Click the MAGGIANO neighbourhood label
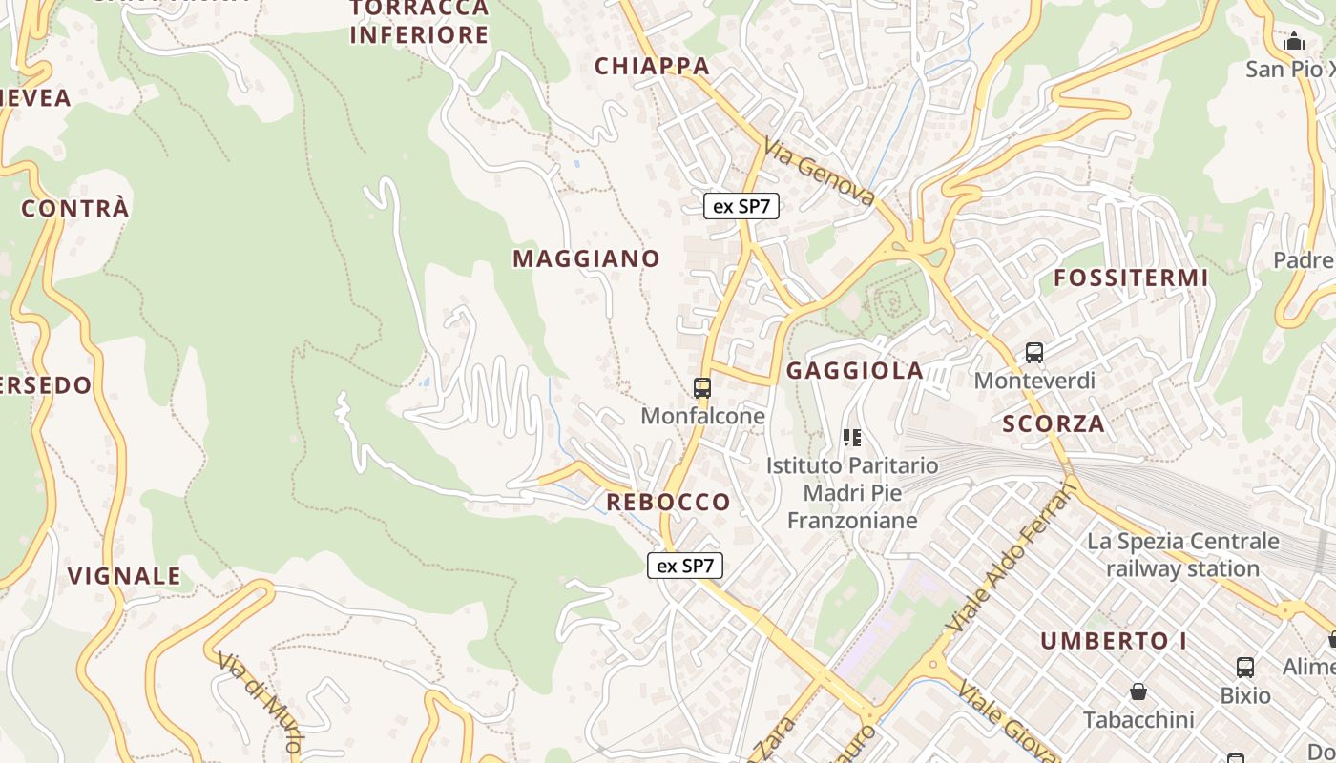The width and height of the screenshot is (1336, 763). click(x=586, y=258)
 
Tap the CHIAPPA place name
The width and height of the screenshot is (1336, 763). click(x=653, y=66)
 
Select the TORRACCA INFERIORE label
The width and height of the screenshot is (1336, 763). click(x=419, y=22)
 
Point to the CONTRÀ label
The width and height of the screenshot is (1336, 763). click(x=75, y=209)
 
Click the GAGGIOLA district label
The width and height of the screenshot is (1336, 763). click(x=855, y=370)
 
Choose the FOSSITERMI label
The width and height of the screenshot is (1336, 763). click(x=1131, y=278)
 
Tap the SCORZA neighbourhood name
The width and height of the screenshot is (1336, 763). click(x=1054, y=423)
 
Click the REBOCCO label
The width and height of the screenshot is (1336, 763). click(x=668, y=502)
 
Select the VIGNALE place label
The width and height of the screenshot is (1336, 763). click(x=124, y=576)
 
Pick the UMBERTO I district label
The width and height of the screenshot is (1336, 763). click(x=1114, y=641)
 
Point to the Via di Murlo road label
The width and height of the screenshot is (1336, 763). click(x=260, y=702)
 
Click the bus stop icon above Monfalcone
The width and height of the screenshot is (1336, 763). click(x=702, y=387)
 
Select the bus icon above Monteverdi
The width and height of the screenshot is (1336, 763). click(x=1034, y=353)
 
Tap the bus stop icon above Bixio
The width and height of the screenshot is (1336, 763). click(x=1245, y=667)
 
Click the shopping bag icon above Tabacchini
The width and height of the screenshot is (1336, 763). click(x=1138, y=691)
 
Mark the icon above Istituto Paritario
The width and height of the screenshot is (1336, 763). click(x=852, y=438)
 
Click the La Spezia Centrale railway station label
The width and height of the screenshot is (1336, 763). click(x=1183, y=555)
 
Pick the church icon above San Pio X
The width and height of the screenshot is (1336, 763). click(x=1294, y=41)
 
